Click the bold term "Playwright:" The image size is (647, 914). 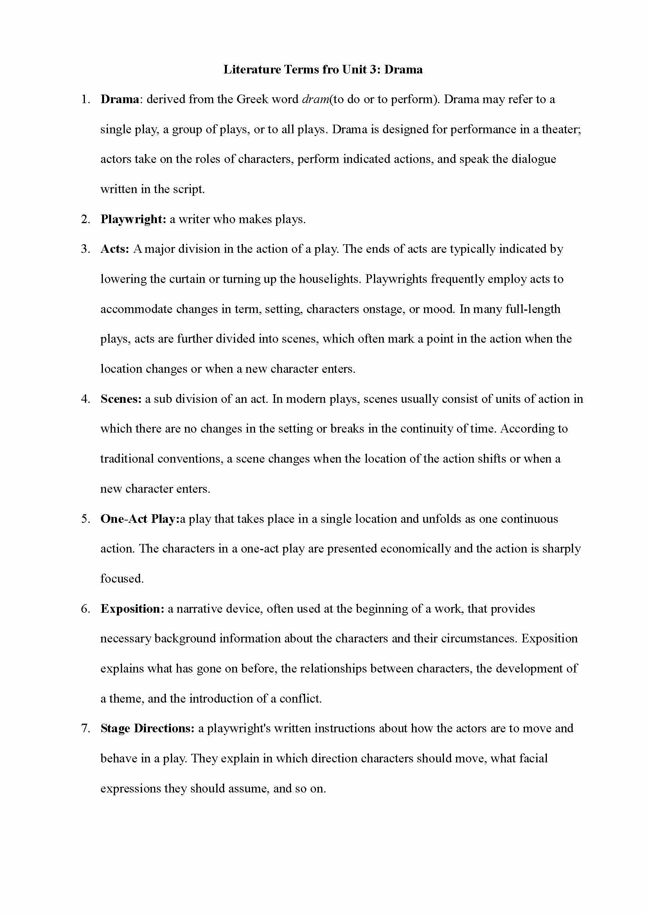coord(133,219)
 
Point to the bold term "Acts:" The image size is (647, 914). coord(115,249)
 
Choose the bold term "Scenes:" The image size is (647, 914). coord(121,399)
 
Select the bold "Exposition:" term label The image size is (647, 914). coord(132,609)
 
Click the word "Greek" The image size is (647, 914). coord(252,99)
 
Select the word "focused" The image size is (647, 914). coord(121,579)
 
